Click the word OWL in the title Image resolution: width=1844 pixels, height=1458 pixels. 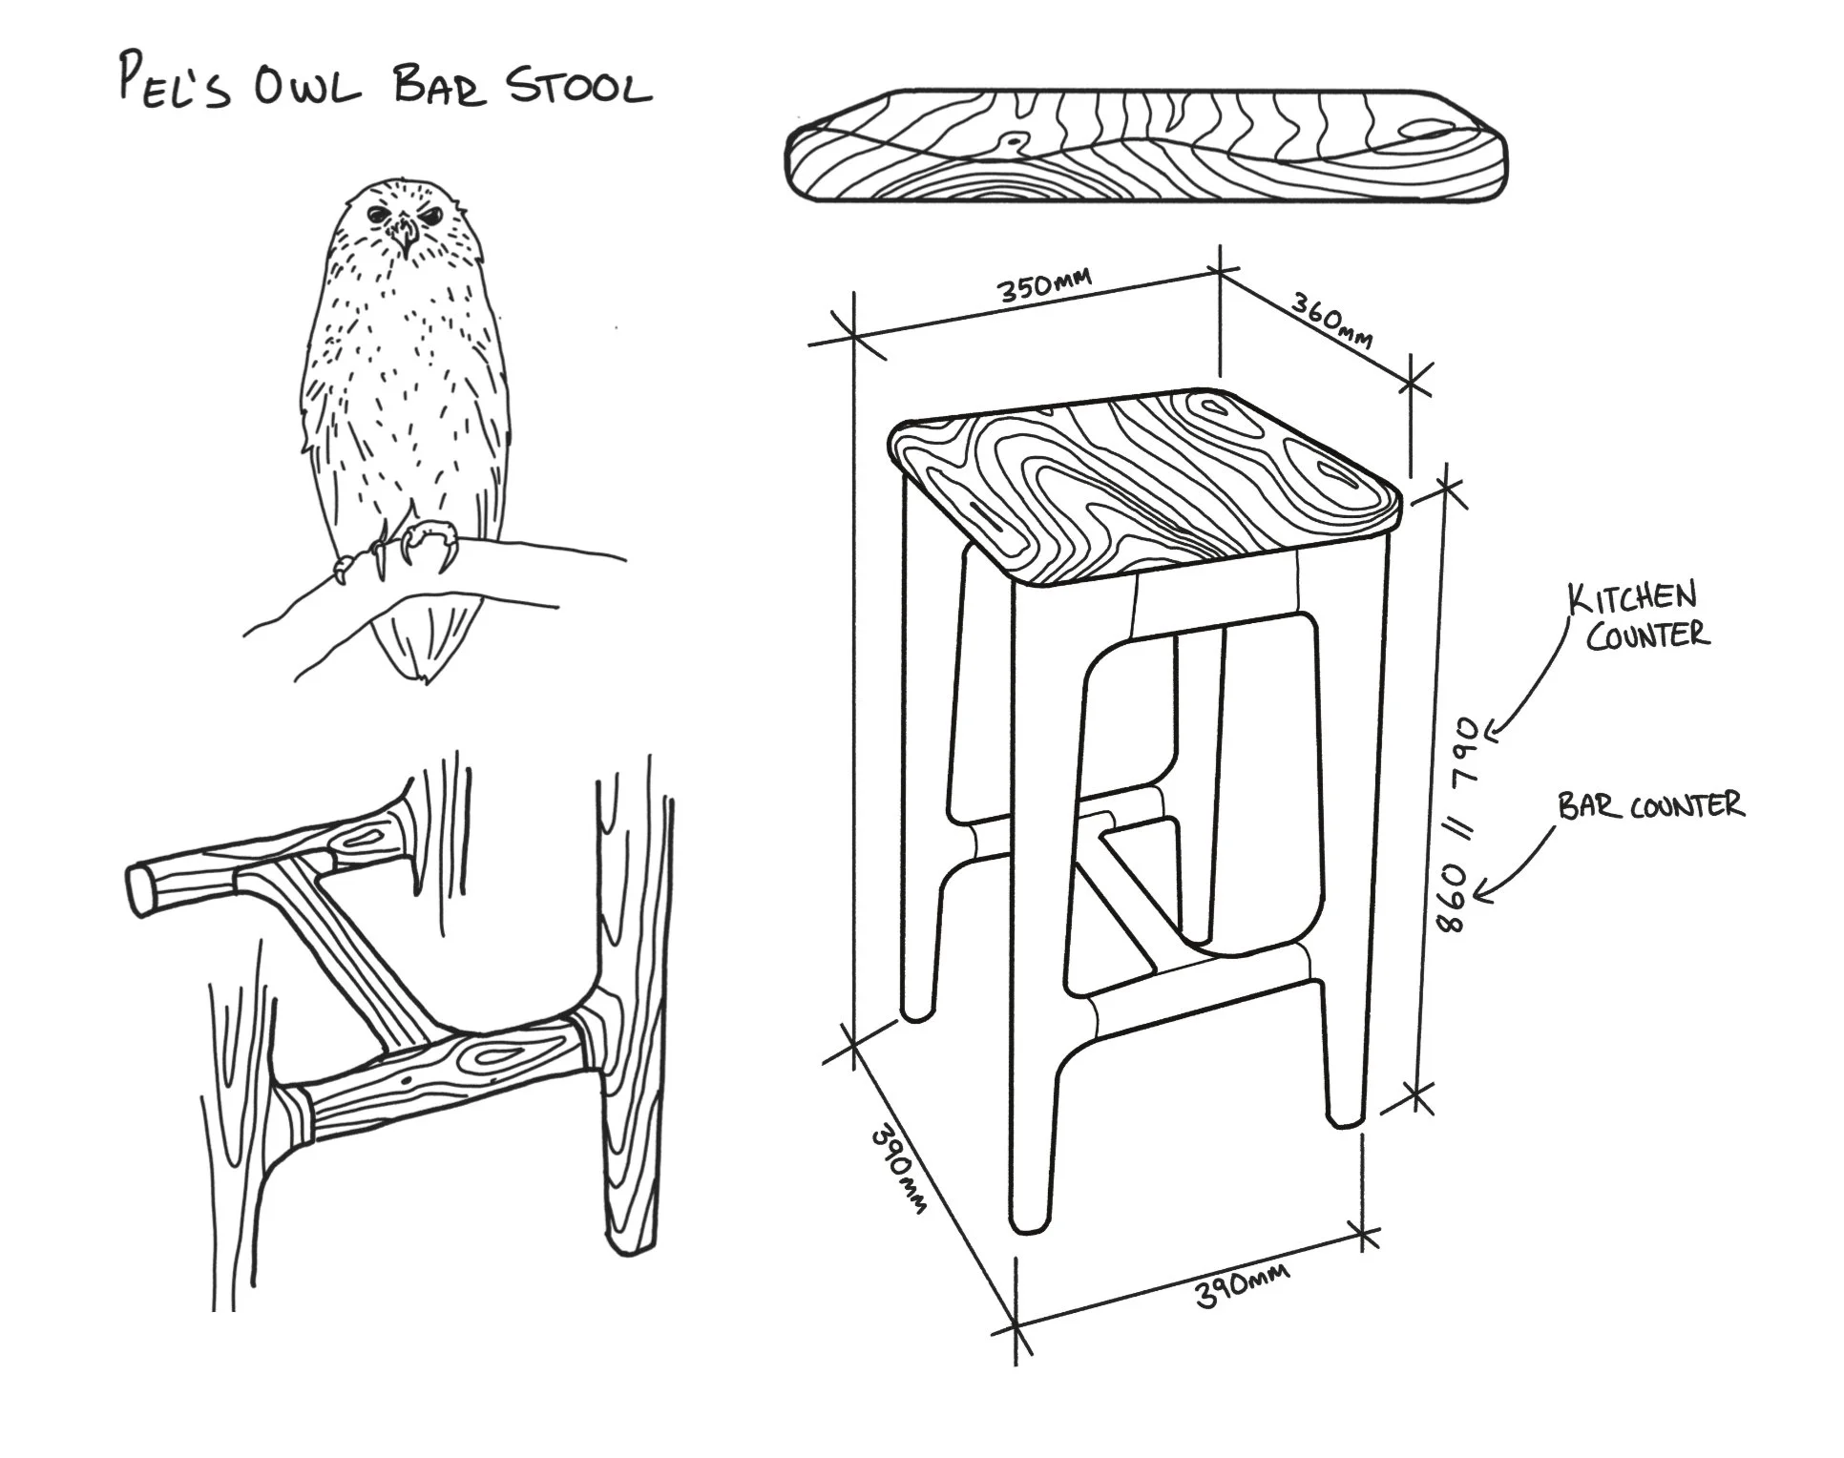(x=307, y=89)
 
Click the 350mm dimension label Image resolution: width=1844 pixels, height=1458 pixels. (x=1044, y=283)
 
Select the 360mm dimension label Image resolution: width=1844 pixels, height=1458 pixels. (x=1332, y=320)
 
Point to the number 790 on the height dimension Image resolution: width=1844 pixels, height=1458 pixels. (x=1467, y=754)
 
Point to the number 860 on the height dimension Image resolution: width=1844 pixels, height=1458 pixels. (x=1452, y=897)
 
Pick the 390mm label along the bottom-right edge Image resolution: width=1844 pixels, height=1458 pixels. (x=1241, y=1284)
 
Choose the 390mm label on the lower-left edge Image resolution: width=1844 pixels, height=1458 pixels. (x=898, y=1171)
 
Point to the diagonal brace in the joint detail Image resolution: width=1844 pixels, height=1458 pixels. (x=353, y=954)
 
